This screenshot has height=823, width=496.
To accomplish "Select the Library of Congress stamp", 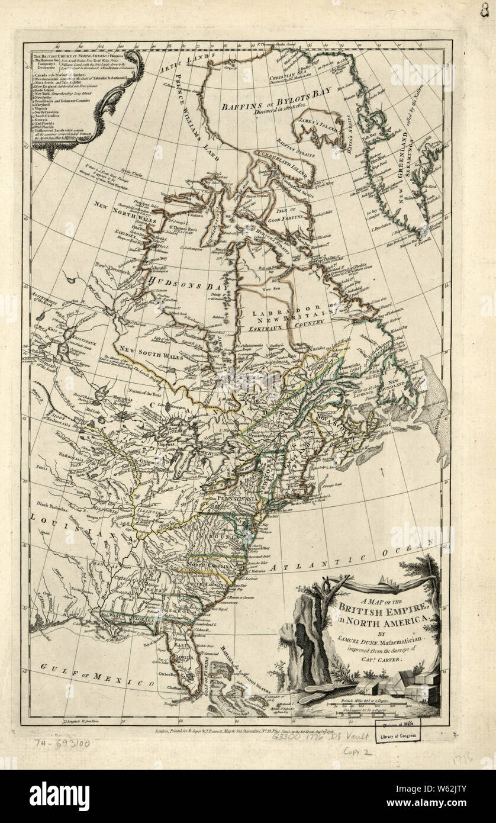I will [x=398, y=735].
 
